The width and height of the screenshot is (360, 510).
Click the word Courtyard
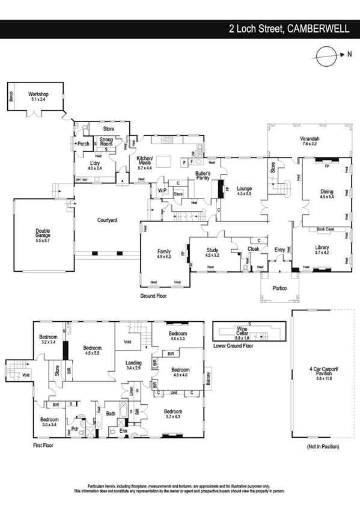coord(107,221)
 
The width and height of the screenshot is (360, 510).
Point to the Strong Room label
coord(106,142)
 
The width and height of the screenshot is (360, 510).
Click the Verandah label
coord(310,142)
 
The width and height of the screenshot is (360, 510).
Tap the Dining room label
coord(326,194)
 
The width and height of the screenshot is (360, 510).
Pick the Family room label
coord(164,254)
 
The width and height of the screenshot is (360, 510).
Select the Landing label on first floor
coord(133,365)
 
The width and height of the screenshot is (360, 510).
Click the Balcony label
coord(207,377)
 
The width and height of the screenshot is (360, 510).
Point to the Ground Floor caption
coord(153,296)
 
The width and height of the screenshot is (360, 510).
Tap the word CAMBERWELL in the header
coord(319,28)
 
